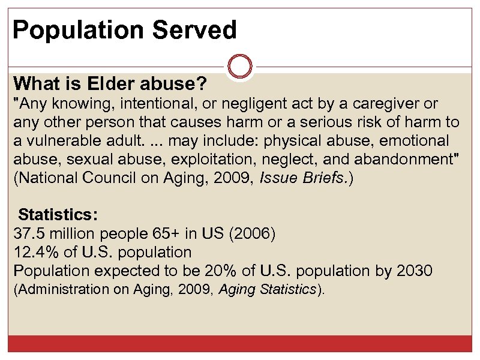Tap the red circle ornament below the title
pyautogui.click(x=240, y=66)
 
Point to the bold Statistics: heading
pyautogui.click(x=59, y=215)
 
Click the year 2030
pyautogui.click(x=414, y=271)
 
